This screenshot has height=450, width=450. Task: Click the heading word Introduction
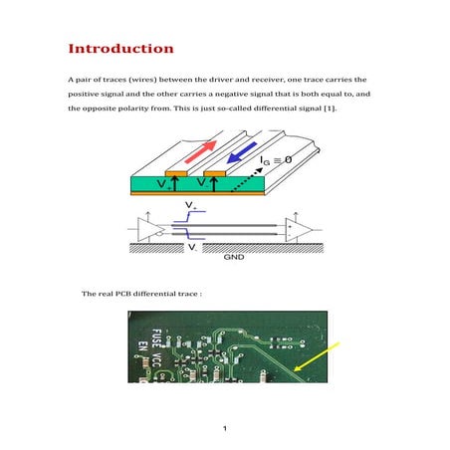coord(120,49)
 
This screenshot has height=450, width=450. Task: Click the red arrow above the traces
coord(198,154)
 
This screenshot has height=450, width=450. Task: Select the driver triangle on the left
coord(152,230)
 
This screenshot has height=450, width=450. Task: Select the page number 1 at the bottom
coord(226,429)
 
